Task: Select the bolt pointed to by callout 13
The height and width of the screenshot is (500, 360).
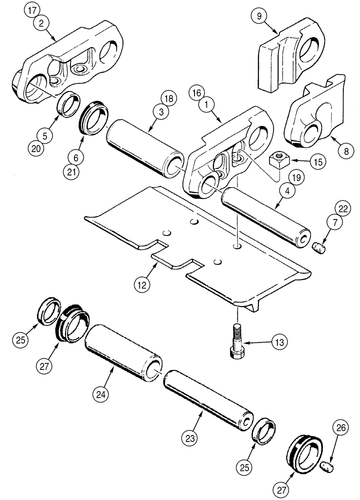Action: coord(237,340)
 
